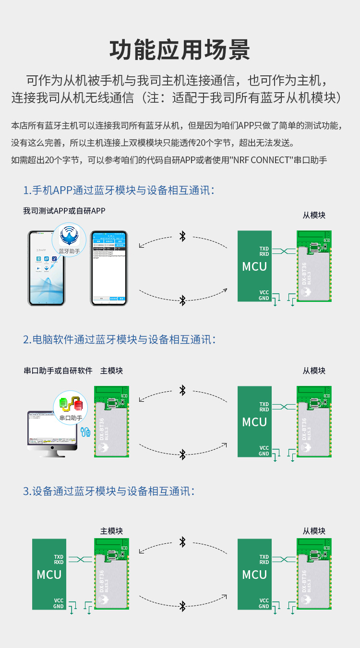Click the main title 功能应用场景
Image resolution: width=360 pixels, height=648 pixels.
click(180, 50)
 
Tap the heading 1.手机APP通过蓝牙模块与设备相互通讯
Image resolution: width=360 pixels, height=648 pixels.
click(119, 190)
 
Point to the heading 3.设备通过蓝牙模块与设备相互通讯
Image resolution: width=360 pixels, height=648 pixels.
click(108, 491)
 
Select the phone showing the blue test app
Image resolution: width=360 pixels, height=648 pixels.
click(109, 268)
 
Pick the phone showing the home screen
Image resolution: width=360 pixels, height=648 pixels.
click(46, 269)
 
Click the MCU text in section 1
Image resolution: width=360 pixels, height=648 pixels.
click(254, 266)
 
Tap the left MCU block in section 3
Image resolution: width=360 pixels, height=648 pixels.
click(49, 574)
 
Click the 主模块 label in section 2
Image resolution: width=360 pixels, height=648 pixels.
click(111, 371)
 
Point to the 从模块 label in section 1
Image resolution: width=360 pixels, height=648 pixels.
click(314, 215)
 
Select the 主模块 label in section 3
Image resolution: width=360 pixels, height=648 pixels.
click(111, 531)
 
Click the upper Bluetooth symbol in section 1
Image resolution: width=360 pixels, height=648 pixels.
click(182, 236)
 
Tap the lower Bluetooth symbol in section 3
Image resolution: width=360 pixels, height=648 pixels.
click(182, 606)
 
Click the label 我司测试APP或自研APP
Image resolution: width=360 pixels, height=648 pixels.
click(64, 211)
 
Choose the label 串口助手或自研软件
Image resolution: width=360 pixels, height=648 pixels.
click(58, 371)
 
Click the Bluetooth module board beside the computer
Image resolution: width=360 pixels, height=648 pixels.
click(111, 421)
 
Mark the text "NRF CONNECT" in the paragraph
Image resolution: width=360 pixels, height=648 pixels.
click(261, 160)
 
